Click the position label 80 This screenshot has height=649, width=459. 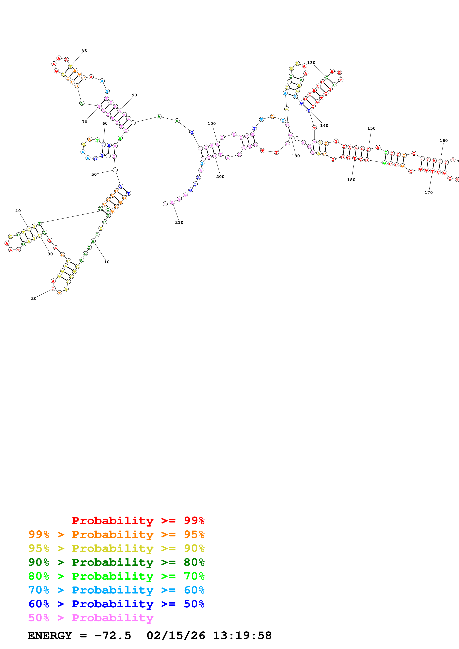point(85,50)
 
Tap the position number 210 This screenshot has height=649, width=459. point(179,222)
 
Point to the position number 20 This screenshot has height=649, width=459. point(34,298)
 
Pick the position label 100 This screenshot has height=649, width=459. point(212,124)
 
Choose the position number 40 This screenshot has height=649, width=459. point(18,211)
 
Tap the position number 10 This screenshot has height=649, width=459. point(107,262)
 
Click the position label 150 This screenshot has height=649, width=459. point(371,128)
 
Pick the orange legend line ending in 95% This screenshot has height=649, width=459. point(116,534)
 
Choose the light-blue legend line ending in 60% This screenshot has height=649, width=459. point(116,590)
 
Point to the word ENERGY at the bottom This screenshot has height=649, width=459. point(50,636)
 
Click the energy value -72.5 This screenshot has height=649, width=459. point(113,636)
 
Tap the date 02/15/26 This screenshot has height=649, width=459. point(176,636)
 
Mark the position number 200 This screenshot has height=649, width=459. point(220,177)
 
